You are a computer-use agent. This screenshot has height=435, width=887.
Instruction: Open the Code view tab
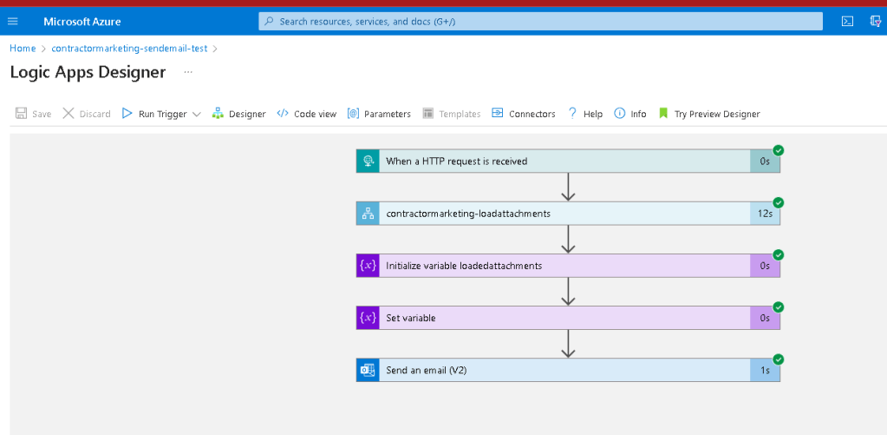pyautogui.click(x=307, y=114)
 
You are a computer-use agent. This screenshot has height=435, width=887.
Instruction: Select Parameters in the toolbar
pyautogui.click(x=379, y=114)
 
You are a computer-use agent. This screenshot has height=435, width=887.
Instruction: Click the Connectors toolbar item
pyautogui.click(x=523, y=114)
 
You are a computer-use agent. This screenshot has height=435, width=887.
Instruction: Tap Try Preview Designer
pyautogui.click(x=709, y=114)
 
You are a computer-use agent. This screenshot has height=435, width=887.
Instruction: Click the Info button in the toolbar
pyautogui.click(x=630, y=114)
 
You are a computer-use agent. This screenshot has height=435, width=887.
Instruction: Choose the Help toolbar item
pyautogui.click(x=585, y=114)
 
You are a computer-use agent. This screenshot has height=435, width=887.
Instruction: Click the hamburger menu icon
pyautogui.click(x=13, y=22)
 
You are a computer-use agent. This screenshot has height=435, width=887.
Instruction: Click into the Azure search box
pyautogui.click(x=540, y=22)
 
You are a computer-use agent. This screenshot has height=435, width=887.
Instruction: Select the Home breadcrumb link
pyautogui.click(x=23, y=48)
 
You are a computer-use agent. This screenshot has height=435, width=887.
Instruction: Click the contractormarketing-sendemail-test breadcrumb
pyautogui.click(x=129, y=48)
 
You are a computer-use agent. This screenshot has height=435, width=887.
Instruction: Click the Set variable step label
pyautogui.click(x=411, y=319)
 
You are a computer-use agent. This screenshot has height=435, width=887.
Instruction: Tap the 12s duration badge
pyautogui.click(x=765, y=214)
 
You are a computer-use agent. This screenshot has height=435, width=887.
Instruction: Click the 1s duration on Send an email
pyautogui.click(x=765, y=370)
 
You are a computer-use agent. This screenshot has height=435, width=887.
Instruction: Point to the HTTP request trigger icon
pyautogui.click(x=368, y=161)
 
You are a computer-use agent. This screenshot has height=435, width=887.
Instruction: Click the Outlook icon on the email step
pyautogui.click(x=368, y=370)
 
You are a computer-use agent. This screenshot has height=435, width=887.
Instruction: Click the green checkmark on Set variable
pyautogui.click(x=779, y=307)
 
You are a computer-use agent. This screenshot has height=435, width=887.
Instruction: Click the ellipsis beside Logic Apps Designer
pyautogui.click(x=188, y=73)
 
